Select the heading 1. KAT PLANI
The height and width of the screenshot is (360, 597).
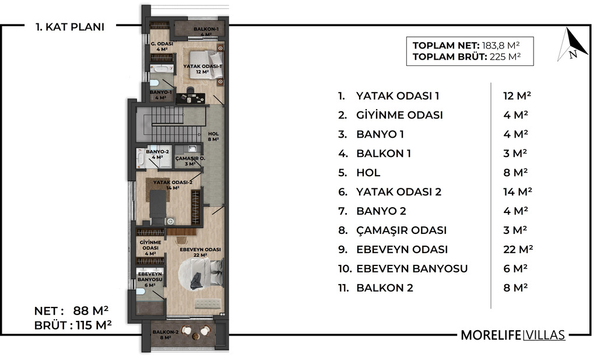click(70, 27)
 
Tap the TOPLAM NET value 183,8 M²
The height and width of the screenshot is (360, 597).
click(501, 46)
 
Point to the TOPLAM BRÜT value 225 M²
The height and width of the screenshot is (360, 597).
click(505, 57)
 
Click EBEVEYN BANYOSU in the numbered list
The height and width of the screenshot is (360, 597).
click(412, 268)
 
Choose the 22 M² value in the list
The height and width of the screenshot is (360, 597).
click(518, 249)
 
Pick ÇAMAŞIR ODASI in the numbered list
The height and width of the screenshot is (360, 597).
click(401, 230)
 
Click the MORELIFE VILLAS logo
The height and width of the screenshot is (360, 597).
click(513, 335)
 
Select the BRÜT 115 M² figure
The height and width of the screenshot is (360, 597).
click(73, 326)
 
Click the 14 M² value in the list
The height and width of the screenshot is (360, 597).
click(517, 191)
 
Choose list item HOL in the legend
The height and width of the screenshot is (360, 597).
click(368, 173)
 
